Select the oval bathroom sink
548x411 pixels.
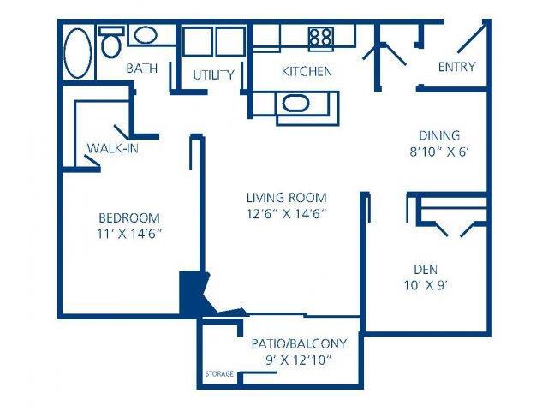(x=146, y=36)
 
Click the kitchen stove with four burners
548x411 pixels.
(x=320, y=36)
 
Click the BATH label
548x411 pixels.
(x=141, y=68)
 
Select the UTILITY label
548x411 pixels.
(x=213, y=74)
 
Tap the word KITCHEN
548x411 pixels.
(x=307, y=72)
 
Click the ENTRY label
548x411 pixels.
(x=456, y=67)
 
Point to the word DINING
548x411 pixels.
(x=439, y=135)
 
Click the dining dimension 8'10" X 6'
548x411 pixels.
(x=439, y=152)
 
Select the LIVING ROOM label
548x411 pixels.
(x=285, y=197)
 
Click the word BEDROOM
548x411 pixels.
(x=128, y=217)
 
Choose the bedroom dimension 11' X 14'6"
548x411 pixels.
(x=128, y=234)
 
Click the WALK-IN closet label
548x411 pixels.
(x=113, y=148)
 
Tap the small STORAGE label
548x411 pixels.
(x=218, y=374)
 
